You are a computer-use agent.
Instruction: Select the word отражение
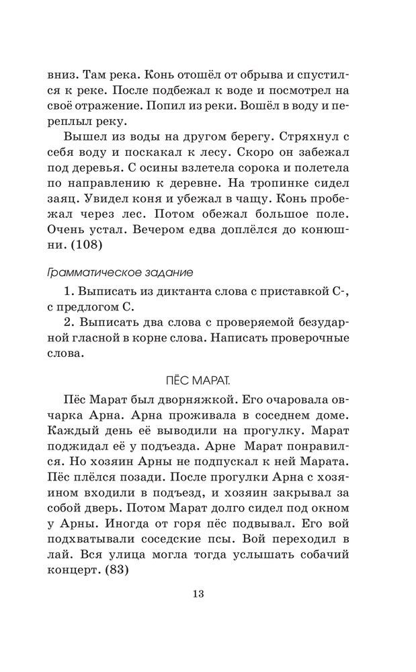tap(106, 106)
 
